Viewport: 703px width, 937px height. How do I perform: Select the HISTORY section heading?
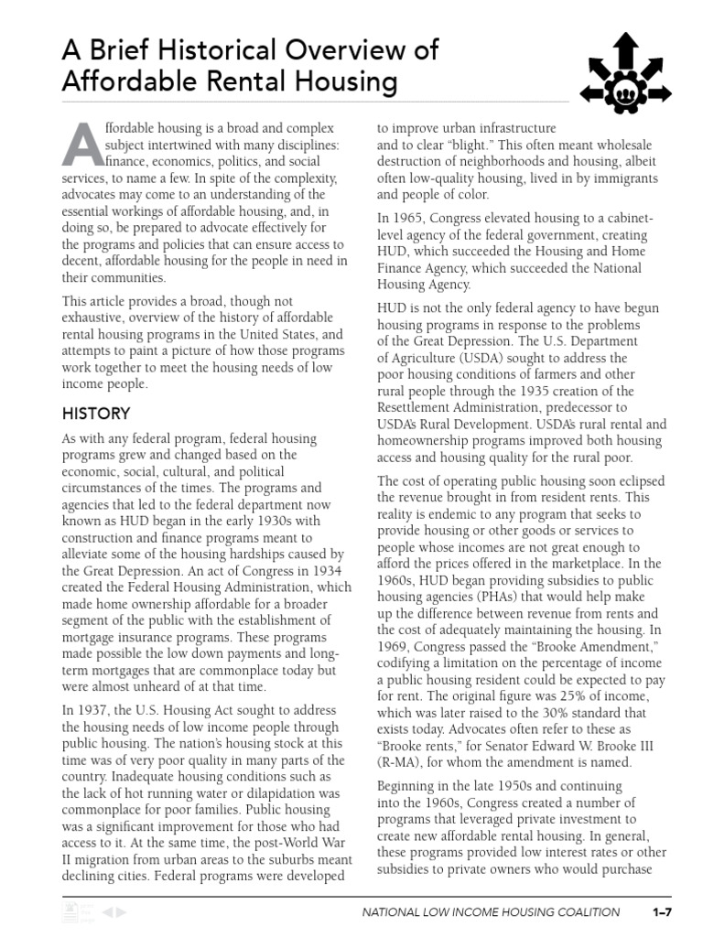click(x=95, y=414)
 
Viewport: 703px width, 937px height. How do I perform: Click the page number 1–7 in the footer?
click(x=662, y=912)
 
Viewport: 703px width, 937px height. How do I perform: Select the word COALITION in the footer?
click(x=587, y=912)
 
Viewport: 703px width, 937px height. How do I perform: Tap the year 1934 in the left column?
click(x=306, y=570)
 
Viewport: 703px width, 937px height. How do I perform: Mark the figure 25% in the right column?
click(x=564, y=695)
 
